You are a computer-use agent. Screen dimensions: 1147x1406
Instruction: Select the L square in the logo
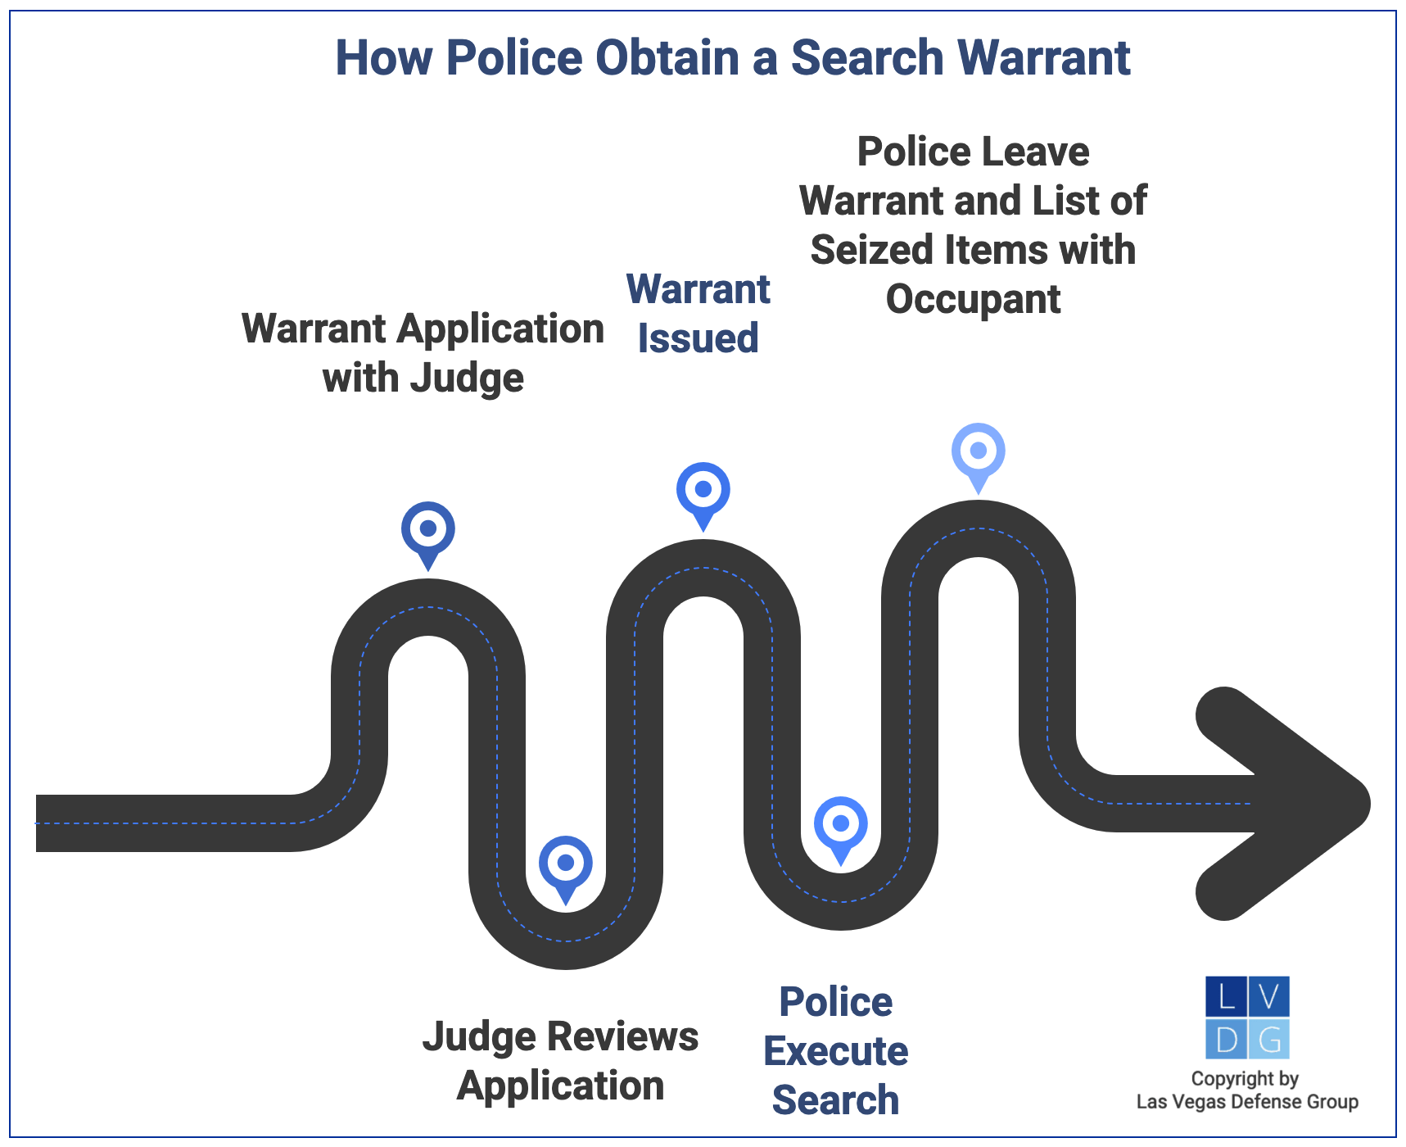point(1227,996)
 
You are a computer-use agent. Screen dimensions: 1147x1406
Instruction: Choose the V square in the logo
point(1269,996)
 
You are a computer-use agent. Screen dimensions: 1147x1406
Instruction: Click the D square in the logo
point(1227,1039)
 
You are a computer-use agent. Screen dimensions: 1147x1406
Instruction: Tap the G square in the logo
point(1269,1039)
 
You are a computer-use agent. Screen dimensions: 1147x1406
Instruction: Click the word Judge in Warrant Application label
point(467,379)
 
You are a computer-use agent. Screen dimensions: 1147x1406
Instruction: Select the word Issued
point(698,338)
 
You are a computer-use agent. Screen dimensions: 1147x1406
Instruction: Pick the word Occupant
point(973,299)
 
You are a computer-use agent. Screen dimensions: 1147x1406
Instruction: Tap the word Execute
point(836,1051)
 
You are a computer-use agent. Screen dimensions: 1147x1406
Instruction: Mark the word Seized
point(870,250)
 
